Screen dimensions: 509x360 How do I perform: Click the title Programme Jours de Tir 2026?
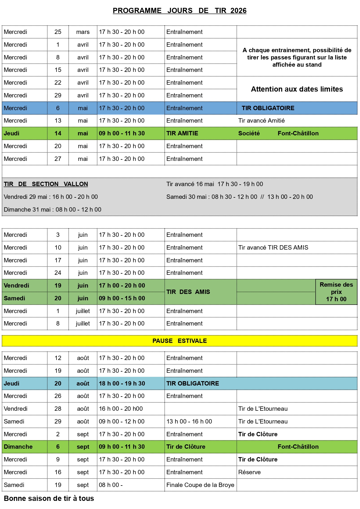(x=179, y=11)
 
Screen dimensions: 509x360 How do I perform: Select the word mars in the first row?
(x=83, y=32)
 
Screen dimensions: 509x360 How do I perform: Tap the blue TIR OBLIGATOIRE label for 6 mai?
(x=268, y=108)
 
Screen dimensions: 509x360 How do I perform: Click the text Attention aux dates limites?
(x=297, y=89)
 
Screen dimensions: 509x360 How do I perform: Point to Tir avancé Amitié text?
(x=261, y=121)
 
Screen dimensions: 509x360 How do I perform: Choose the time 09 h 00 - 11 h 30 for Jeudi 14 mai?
(x=122, y=133)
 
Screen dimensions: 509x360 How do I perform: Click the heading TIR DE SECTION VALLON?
(x=46, y=184)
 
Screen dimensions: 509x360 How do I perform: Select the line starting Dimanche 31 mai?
(x=52, y=210)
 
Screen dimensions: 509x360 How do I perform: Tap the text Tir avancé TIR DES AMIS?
(x=273, y=248)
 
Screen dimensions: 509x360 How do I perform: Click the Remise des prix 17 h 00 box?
(x=336, y=292)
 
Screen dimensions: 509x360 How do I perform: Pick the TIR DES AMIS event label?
(x=188, y=292)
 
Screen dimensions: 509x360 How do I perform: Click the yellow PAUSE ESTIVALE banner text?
(x=179, y=341)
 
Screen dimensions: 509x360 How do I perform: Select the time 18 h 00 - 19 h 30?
(x=122, y=383)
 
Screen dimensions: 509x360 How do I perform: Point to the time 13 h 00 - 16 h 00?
(x=189, y=421)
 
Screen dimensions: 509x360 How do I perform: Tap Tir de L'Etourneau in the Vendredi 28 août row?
(x=263, y=409)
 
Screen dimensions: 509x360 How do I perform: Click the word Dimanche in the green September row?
(x=18, y=447)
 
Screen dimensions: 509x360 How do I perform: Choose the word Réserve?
(x=249, y=472)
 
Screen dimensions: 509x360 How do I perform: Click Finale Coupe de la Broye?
(x=200, y=485)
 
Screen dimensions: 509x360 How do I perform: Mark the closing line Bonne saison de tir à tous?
(x=49, y=499)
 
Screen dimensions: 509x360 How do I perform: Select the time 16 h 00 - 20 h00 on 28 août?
(x=121, y=409)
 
